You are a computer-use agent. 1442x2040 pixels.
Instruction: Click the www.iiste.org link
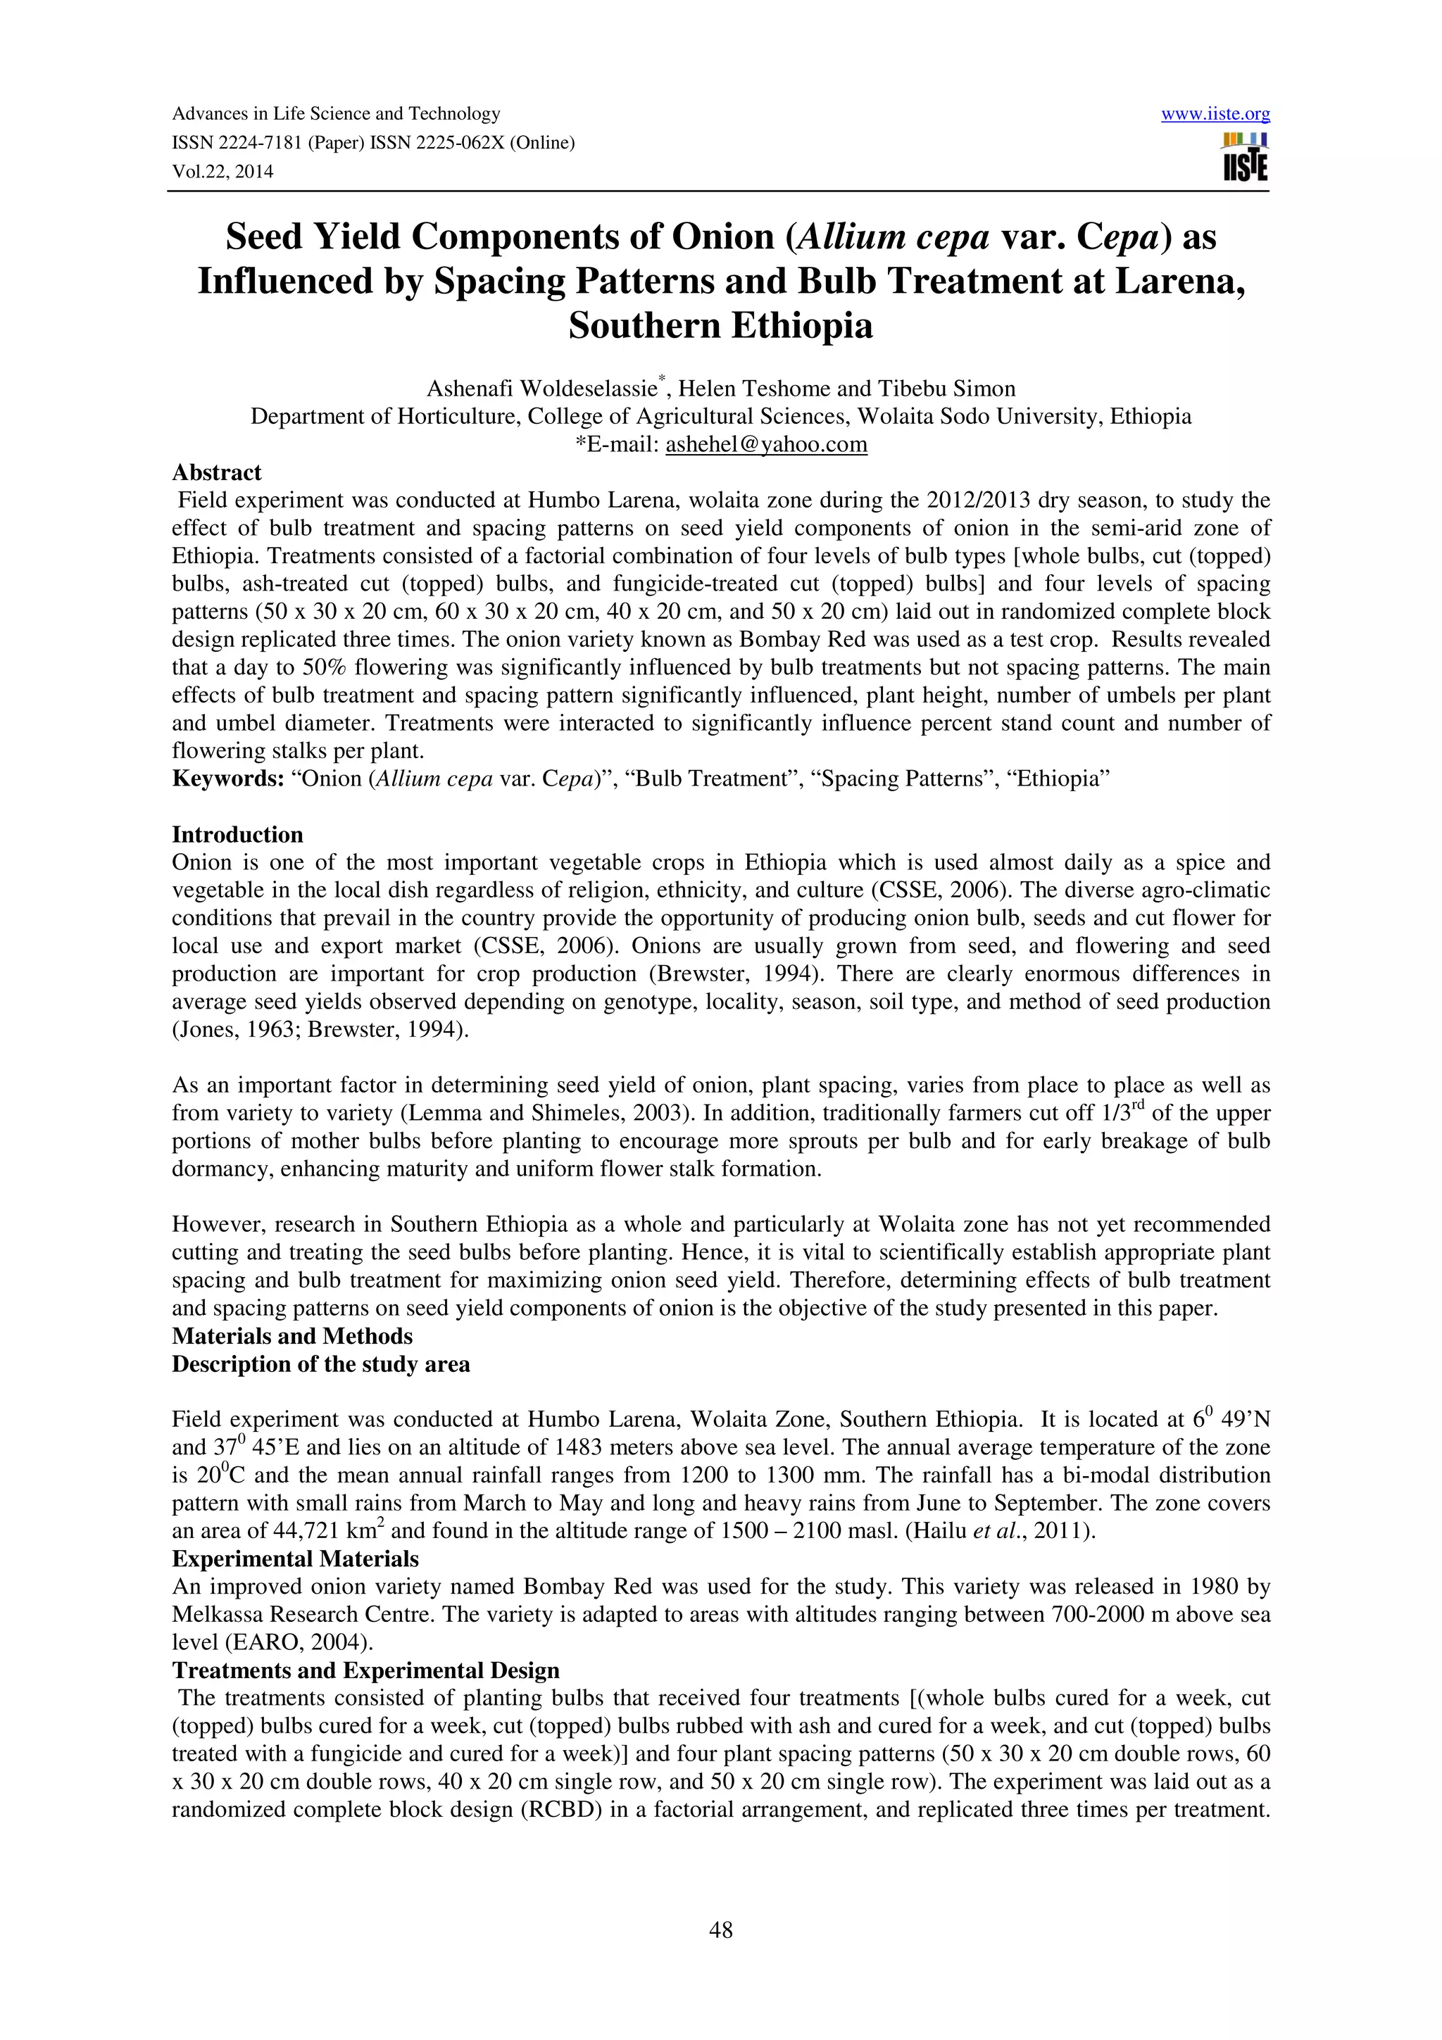pos(1215,114)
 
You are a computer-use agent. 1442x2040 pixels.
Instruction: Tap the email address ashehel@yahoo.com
pos(766,444)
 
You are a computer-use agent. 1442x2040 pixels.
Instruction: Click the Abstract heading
pos(217,472)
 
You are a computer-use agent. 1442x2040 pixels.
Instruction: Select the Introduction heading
pos(237,834)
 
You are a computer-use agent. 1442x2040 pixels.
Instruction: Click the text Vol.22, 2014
pos(222,172)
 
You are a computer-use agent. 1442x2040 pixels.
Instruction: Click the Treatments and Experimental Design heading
pos(365,1670)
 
